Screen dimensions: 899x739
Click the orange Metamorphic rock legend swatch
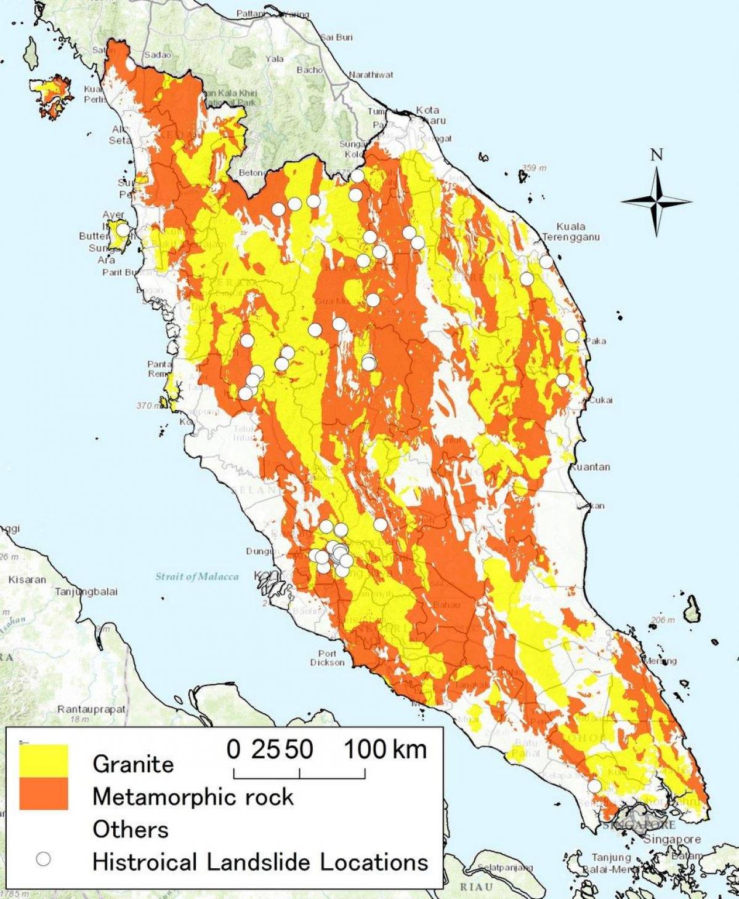tap(43, 794)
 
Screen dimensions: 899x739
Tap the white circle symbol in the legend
tap(43, 859)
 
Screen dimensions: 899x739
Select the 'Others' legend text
tap(131, 829)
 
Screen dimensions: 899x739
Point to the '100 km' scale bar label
tap(385, 749)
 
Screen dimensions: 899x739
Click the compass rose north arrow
tap(656, 201)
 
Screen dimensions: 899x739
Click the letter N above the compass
tap(656, 154)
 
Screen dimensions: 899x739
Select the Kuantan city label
tap(590, 467)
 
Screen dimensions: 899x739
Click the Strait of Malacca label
tap(196, 577)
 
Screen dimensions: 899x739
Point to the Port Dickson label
tap(328, 658)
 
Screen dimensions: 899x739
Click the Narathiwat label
tap(371, 74)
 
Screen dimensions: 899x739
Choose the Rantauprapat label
tap(91, 709)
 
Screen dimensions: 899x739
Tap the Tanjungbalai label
tap(87, 592)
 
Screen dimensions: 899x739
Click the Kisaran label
tap(27, 580)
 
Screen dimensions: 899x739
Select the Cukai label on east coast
tap(600, 400)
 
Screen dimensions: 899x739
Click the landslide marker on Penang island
tap(123, 230)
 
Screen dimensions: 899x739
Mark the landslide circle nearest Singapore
tap(594, 786)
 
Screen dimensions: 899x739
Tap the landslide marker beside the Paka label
tap(572, 335)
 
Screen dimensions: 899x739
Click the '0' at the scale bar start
tap(233, 749)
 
